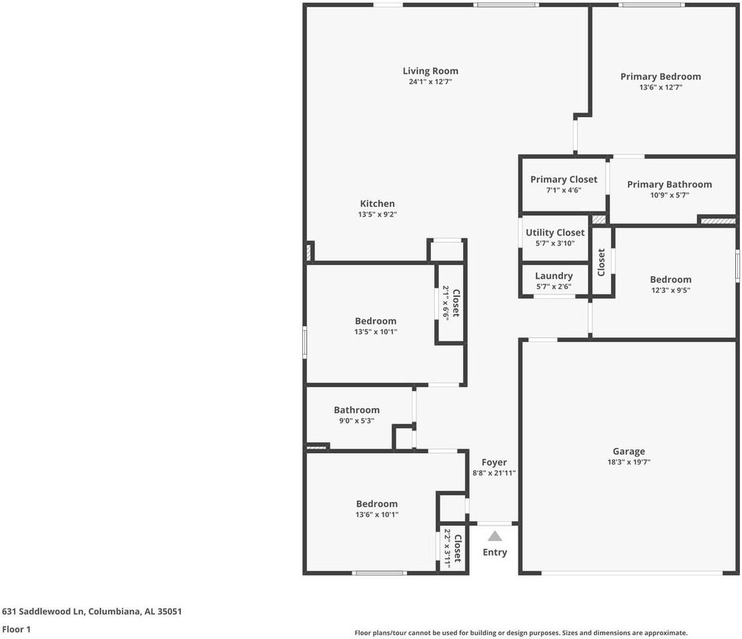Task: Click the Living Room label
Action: [x=430, y=71]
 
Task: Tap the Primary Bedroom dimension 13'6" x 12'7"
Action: [x=660, y=87]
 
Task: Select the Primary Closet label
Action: [x=563, y=180]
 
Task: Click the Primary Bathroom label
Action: [x=669, y=184]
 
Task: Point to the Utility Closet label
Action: [x=555, y=232]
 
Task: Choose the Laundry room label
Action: [x=554, y=276]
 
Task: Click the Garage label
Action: [x=629, y=451]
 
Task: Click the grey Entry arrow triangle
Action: [x=495, y=536]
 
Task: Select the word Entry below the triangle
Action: [x=495, y=552]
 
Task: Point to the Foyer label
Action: [x=494, y=463]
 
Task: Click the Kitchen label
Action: [x=378, y=204]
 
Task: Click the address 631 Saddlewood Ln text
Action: [x=92, y=611]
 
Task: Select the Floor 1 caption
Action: [x=17, y=629]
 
